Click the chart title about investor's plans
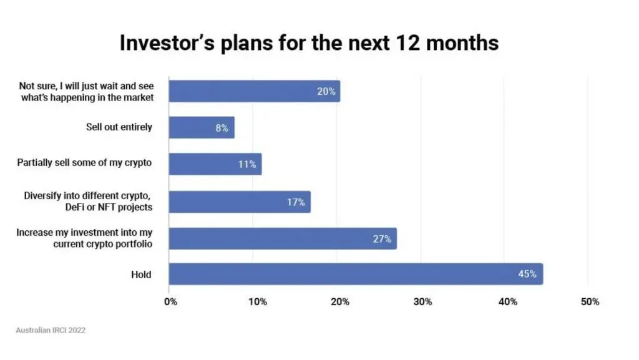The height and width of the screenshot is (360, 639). click(x=309, y=43)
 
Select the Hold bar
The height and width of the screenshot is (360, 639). click(x=356, y=274)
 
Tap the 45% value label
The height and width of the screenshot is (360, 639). click(x=527, y=274)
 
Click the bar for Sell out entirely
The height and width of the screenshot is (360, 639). click(x=202, y=127)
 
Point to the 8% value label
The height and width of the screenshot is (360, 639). click(x=222, y=129)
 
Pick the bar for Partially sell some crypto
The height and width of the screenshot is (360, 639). click(x=215, y=164)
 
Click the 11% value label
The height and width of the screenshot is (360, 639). click(x=247, y=164)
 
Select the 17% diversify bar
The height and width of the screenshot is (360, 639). click(x=240, y=202)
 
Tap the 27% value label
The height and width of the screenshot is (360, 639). click(x=382, y=239)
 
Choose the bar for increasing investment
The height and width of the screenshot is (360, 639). click(x=283, y=238)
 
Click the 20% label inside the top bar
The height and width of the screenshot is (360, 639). click(x=326, y=92)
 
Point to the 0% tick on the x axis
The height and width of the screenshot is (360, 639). click(x=170, y=302)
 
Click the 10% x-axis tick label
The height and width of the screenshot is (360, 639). click(x=258, y=302)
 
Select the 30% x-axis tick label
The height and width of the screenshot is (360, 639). click(x=422, y=302)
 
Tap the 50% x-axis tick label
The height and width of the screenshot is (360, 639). click(x=590, y=302)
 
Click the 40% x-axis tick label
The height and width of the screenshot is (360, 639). click(x=507, y=302)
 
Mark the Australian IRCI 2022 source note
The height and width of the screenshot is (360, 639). click(x=51, y=330)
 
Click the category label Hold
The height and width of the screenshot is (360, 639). click(x=141, y=275)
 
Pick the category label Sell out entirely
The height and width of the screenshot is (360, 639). click(x=119, y=127)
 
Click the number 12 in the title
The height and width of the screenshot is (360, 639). click(x=407, y=43)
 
